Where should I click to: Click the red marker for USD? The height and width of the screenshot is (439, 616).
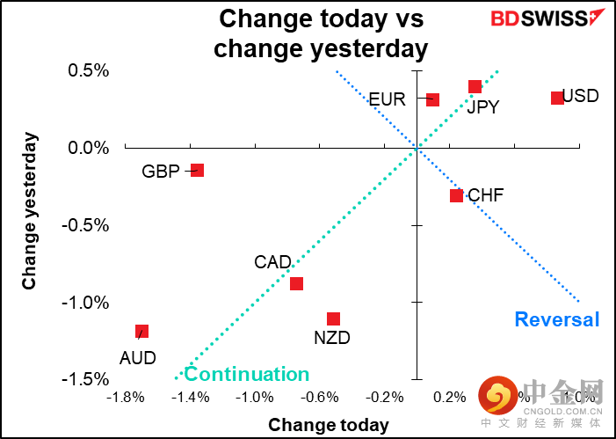click(x=557, y=98)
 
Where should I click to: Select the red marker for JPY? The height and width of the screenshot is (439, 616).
click(x=475, y=86)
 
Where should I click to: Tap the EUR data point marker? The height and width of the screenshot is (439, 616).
click(x=432, y=99)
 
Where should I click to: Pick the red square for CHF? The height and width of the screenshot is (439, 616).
click(x=456, y=195)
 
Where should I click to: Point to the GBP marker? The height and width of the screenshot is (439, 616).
click(x=198, y=170)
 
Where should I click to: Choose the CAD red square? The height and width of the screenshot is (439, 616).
click(x=296, y=283)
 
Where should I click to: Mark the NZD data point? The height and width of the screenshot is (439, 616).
click(x=333, y=318)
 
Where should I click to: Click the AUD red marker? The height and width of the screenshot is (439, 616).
click(x=141, y=331)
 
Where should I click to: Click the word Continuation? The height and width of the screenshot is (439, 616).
click(x=247, y=374)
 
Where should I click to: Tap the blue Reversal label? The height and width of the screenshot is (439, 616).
click(x=557, y=319)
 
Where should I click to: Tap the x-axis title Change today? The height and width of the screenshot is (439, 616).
click(x=329, y=425)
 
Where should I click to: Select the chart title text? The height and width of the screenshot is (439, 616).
click(x=321, y=33)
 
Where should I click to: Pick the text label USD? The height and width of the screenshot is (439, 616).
click(x=580, y=95)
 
